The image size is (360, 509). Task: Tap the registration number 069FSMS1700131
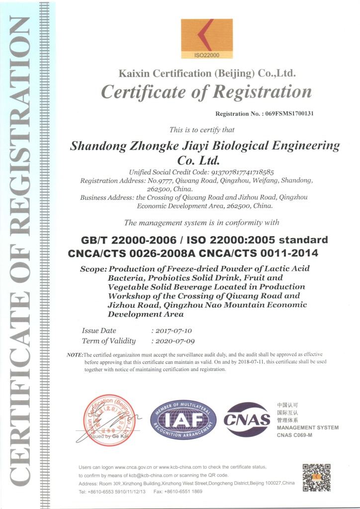pos(289,114)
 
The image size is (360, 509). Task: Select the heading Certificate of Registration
pos(206,91)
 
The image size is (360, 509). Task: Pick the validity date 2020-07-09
pos(172,341)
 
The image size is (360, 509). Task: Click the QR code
pos(316,478)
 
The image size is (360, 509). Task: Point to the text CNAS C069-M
pos(294,435)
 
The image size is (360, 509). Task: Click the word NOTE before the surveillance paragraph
pos(75,354)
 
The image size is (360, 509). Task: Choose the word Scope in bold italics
pos(93,269)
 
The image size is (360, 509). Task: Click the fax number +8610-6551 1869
pos(185,491)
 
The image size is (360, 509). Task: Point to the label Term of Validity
pos(108,341)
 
